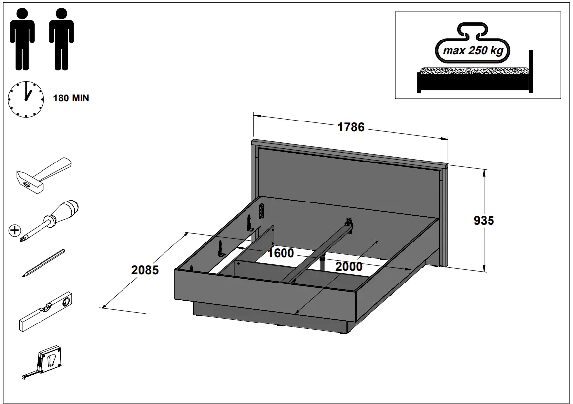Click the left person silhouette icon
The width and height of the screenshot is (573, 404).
[22, 39]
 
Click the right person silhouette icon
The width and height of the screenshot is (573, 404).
[61, 39]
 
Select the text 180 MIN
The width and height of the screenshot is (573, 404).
[71, 98]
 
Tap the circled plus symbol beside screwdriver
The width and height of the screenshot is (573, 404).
[15, 230]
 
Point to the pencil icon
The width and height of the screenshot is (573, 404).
[43, 262]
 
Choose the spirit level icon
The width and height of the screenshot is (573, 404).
[46, 312]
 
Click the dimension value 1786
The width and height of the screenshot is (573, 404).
[351, 127]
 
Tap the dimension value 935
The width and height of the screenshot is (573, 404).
[484, 220]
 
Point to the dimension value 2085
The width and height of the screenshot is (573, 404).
[145, 270]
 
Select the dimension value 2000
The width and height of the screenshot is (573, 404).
[349, 267]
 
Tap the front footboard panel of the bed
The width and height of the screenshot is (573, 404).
[267, 291]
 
